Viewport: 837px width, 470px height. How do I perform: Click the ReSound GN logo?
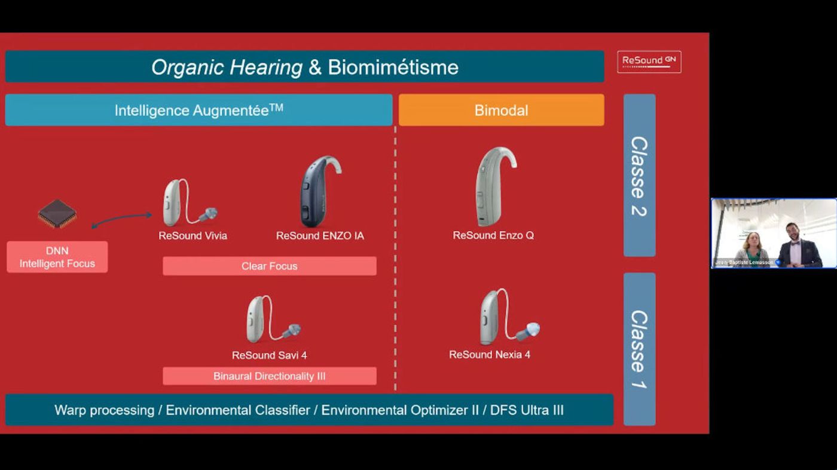click(649, 62)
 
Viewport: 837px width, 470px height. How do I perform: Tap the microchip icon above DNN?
click(57, 213)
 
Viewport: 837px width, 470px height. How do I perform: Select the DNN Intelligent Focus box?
click(57, 257)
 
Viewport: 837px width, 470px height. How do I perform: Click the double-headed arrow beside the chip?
click(121, 220)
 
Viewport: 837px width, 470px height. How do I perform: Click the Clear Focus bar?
click(270, 266)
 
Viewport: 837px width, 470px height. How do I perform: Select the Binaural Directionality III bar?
click(270, 376)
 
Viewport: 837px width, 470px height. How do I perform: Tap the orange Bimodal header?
click(501, 110)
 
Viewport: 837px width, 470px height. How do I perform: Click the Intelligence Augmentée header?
click(198, 110)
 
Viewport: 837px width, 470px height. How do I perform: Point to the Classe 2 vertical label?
click(639, 176)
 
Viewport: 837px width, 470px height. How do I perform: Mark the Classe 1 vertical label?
click(639, 349)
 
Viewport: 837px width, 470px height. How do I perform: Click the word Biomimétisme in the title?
click(393, 67)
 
